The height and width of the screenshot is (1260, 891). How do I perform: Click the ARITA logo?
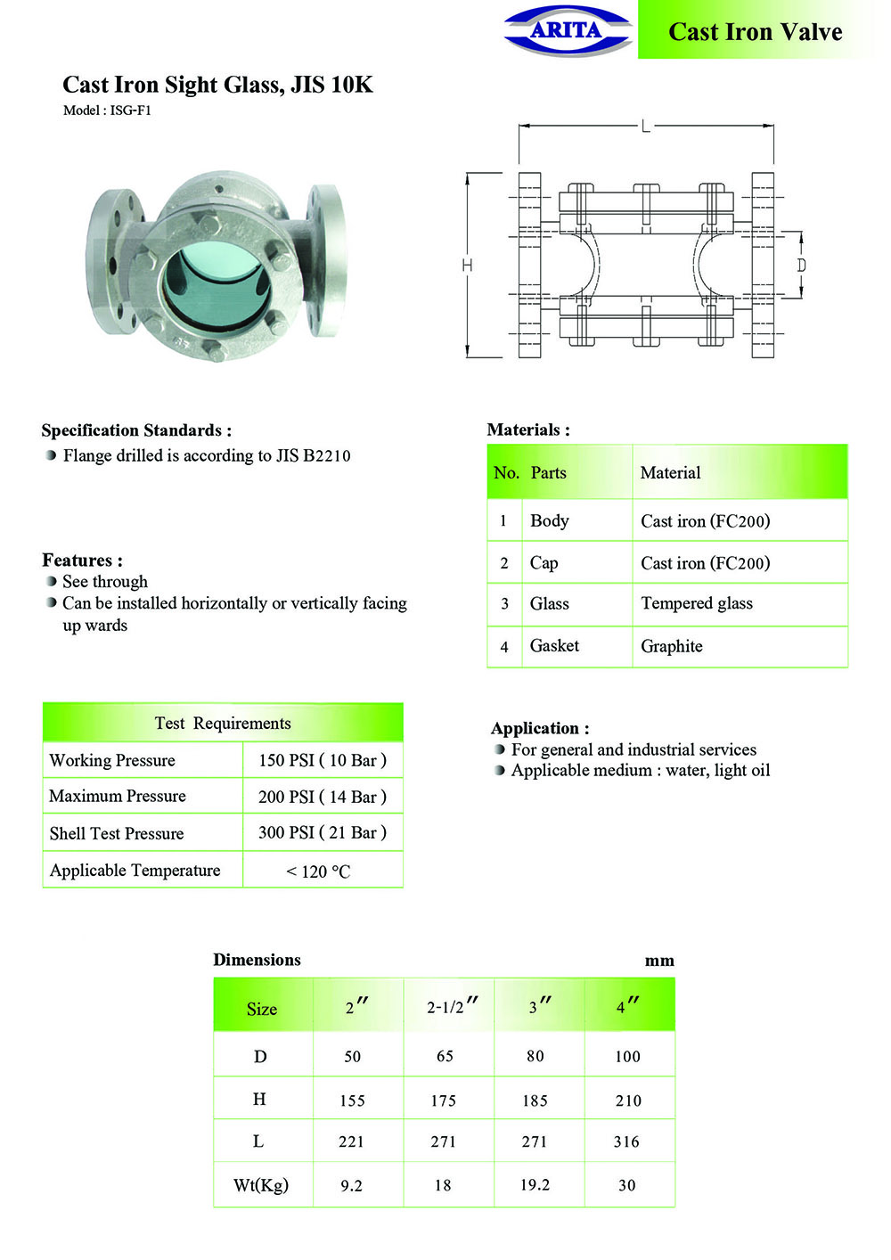(567, 30)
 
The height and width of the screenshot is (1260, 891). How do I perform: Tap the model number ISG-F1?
(130, 110)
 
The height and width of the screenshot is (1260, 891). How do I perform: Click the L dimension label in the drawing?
(646, 126)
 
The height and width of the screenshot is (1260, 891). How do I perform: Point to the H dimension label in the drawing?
(467, 265)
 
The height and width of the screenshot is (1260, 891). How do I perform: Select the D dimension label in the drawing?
(801, 265)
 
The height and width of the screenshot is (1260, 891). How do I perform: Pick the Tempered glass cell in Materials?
(696, 603)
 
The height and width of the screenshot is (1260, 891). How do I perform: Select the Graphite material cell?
(671, 646)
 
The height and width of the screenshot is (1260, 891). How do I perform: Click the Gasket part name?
(554, 645)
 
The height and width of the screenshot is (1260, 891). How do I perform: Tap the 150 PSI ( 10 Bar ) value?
(322, 760)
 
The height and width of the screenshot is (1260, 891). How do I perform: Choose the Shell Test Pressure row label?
(117, 833)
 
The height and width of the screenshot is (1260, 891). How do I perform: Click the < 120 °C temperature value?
(318, 871)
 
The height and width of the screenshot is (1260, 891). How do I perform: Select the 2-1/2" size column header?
(450, 1007)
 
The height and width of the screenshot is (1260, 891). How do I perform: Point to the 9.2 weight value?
(351, 1185)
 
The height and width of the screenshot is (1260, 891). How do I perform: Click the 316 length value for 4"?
(626, 1141)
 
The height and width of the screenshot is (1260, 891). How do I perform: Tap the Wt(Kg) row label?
(261, 1185)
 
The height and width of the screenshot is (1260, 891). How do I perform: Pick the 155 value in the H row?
(352, 1100)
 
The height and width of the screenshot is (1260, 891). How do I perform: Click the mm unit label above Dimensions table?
(658, 961)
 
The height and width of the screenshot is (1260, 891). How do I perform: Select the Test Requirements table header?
(223, 723)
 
